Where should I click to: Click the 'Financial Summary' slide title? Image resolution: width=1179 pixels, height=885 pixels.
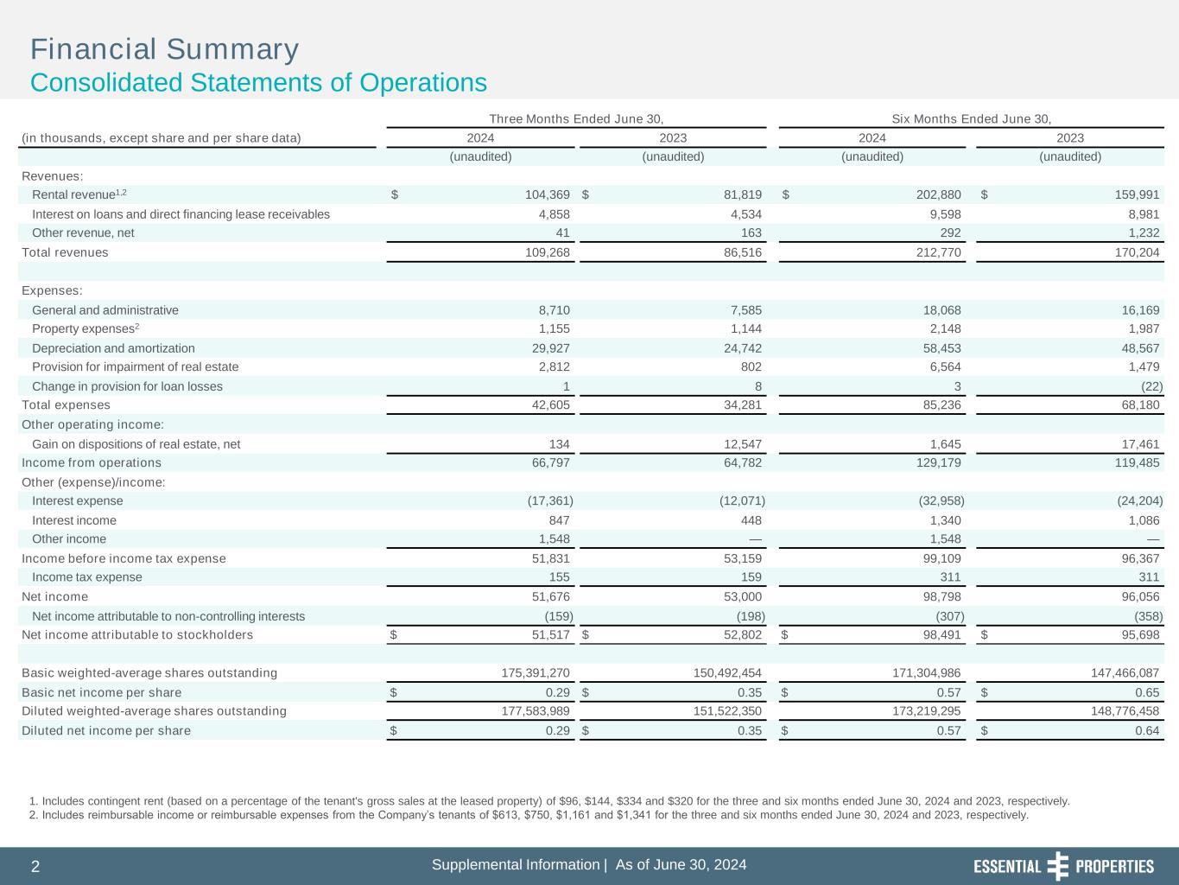pyautogui.click(x=164, y=49)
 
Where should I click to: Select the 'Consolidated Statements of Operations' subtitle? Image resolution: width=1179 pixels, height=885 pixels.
pyautogui.click(x=258, y=83)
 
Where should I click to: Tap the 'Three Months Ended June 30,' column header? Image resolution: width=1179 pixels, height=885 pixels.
pyautogui.click(x=576, y=118)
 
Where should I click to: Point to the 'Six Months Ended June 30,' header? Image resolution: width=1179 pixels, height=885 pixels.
pyautogui.click(x=971, y=118)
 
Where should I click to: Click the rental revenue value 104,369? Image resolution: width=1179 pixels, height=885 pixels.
pyautogui.click(x=542, y=194)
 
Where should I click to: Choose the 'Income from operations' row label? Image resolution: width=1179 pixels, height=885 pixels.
pyautogui.click(x=91, y=462)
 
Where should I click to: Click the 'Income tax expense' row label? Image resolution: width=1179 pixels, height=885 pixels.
pyautogui.click(x=86, y=576)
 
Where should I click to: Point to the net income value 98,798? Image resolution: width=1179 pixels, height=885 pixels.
pyautogui.click(x=935, y=596)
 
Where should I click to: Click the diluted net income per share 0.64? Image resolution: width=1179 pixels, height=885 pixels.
pyautogui.click(x=1147, y=730)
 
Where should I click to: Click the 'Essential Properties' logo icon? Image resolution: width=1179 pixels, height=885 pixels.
pyautogui.click(x=1057, y=866)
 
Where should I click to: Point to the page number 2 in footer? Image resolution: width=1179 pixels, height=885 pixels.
pyautogui.click(x=35, y=867)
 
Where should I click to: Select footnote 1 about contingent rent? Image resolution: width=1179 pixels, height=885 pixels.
pyautogui.click(x=549, y=801)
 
